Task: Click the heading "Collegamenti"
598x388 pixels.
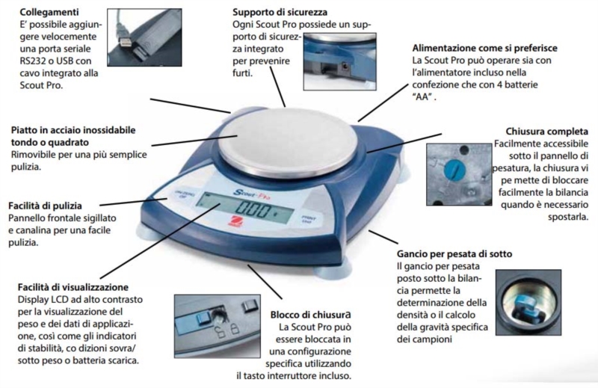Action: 49,12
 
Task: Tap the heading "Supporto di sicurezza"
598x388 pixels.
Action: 280,12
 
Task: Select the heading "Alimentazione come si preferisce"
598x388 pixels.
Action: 484,48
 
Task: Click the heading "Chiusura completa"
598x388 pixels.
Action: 547,132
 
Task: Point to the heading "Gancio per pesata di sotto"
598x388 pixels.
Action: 454,253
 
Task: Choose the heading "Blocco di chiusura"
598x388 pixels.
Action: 310,315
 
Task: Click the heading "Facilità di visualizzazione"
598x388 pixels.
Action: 73,287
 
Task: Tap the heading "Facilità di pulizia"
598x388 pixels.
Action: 45,206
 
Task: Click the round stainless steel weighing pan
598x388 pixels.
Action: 288,144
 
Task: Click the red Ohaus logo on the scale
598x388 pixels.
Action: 233,221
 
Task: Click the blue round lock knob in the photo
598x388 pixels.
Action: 454,170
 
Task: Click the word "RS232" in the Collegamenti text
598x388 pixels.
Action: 33,61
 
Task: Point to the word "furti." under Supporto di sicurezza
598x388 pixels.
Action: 242,73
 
